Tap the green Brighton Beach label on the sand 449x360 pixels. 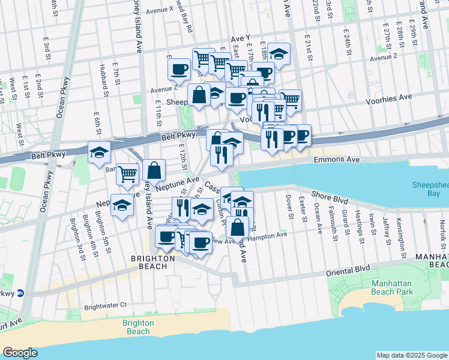tap(138, 327)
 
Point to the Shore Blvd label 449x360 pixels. tap(330, 194)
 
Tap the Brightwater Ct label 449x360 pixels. tap(106, 305)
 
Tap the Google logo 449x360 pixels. tap(20, 352)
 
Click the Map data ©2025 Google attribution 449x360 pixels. tap(412, 355)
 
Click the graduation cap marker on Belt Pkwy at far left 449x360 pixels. tap(100, 152)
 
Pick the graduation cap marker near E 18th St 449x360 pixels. tap(279, 53)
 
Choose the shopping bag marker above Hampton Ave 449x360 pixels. tap(238, 226)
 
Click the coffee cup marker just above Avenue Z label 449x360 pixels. tap(179, 70)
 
